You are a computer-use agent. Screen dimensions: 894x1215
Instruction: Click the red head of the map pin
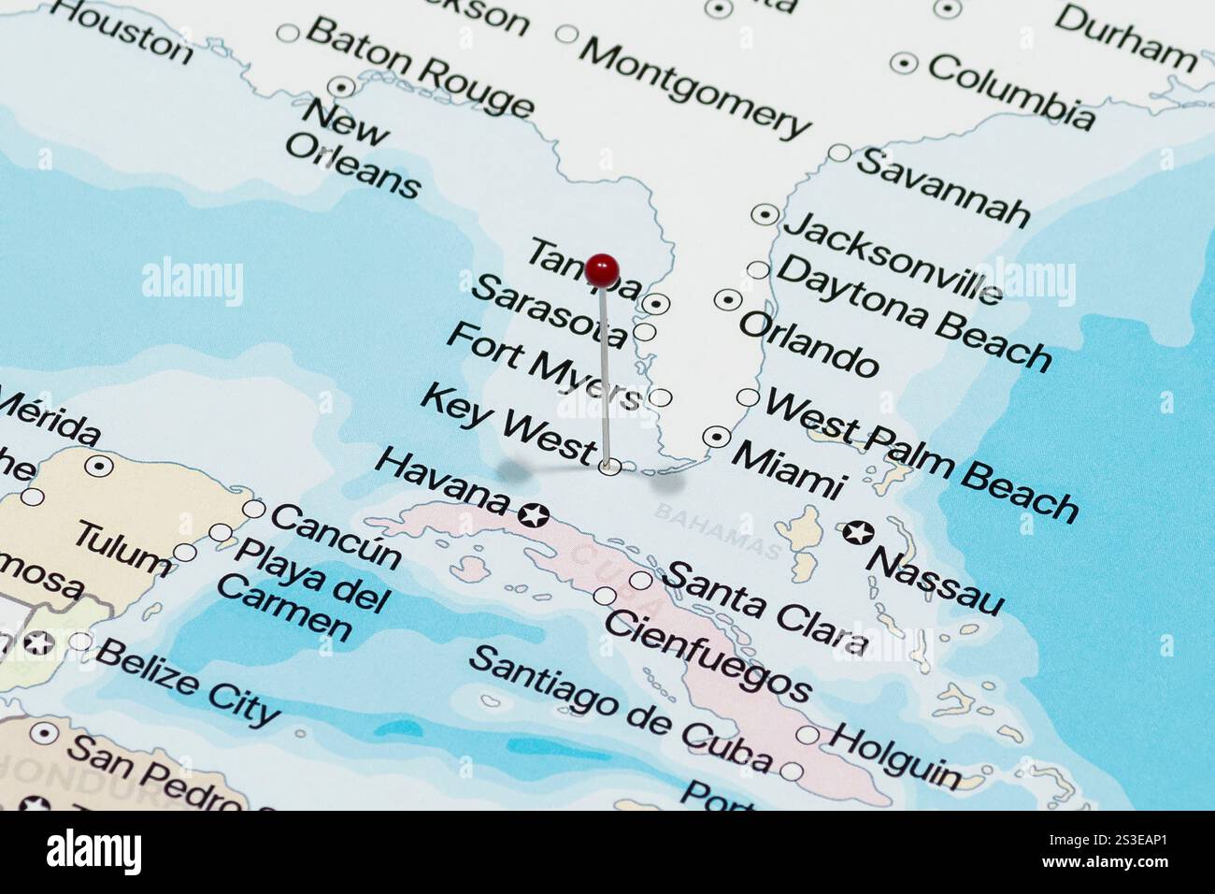pos(604,269)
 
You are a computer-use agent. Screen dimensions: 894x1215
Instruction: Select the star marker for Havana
pos(534,514)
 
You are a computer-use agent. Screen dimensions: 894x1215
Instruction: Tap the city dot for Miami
pos(717,436)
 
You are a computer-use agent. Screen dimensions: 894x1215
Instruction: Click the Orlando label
pos(808,344)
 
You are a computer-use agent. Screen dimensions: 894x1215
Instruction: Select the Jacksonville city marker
pos(765,214)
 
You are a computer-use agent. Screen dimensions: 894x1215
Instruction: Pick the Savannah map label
pos(942,187)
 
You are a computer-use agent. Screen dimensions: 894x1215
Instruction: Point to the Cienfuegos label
pos(708,656)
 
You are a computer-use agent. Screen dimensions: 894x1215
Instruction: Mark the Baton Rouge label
pos(420,67)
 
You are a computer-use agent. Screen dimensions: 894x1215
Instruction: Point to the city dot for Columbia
pos(903,63)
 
